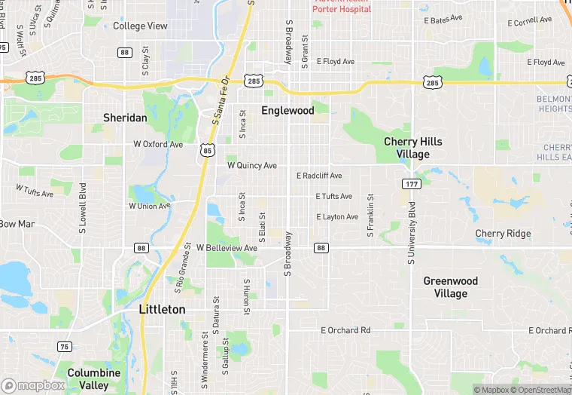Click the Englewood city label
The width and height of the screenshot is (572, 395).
coord(288,111)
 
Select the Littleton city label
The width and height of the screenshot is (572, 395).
coord(163,309)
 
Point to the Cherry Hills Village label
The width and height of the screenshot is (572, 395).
coord(413,148)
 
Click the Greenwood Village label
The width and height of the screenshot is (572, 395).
coord(450,287)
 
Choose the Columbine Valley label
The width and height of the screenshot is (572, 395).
coord(94,378)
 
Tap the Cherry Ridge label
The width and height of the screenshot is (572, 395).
coord(503,234)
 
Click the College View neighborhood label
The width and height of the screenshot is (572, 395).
coord(140,26)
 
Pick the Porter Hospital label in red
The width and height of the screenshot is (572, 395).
coord(342,9)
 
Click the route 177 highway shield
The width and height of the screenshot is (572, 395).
coord(410,184)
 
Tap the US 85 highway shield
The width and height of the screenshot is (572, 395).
coord(207,151)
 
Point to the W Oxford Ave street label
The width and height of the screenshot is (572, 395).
coord(158,144)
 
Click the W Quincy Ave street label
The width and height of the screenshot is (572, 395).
coord(252,165)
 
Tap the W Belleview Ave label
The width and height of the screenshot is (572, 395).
coord(227,247)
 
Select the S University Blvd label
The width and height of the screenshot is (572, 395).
coord(412,232)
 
